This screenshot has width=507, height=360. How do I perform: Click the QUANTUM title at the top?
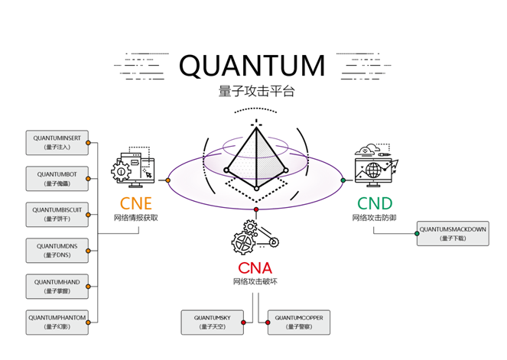pyautogui.click(x=252, y=65)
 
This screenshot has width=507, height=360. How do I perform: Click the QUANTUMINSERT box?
pyautogui.click(x=57, y=142)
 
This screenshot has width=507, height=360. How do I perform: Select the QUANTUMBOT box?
pyautogui.click(x=57, y=178)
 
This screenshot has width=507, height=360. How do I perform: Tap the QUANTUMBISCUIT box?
pyautogui.click(x=57, y=214)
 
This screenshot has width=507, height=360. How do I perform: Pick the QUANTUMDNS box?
pyautogui.click(x=57, y=250)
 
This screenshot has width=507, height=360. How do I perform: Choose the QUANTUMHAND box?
pyautogui.click(x=57, y=286)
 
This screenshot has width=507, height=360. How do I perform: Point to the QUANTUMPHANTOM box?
pyautogui.click(x=57, y=322)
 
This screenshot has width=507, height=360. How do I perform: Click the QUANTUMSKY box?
pyautogui.click(x=212, y=322)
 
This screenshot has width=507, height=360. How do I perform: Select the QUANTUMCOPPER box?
pyautogui.click(x=300, y=322)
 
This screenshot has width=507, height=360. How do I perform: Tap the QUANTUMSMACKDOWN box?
pyautogui.click(x=453, y=233)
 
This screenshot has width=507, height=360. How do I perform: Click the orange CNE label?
pyautogui.click(x=136, y=203)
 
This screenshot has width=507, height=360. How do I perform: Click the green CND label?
pyautogui.click(x=374, y=203)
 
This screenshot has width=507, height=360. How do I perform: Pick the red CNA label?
pyautogui.click(x=255, y=268)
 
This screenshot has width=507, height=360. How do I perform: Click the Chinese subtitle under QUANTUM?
pyautogui.click(x=255, y=91)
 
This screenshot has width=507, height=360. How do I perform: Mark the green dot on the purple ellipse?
pyautogui.click(x=343, y=180)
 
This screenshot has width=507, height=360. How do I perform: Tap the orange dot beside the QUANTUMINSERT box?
pyautogui.click(x=89, y=142)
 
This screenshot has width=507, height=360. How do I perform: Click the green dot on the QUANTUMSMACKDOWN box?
pyautogui.click(x=417, y=233)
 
